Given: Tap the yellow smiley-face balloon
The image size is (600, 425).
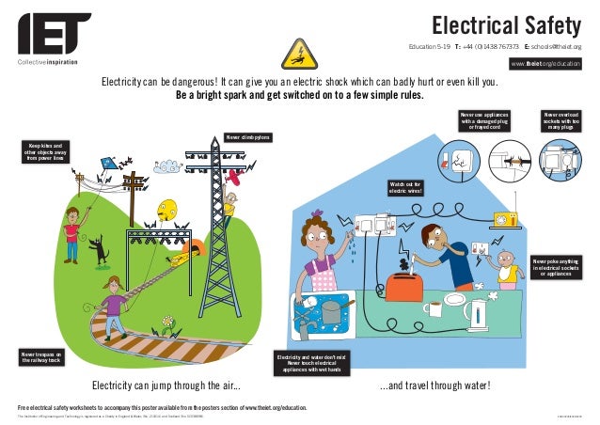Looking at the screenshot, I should tap(167, 210).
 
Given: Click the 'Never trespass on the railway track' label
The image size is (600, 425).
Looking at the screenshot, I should tap(42, 355).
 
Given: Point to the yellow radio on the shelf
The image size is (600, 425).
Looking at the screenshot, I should tap(506, 218).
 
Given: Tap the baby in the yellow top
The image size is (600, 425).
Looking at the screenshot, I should tap(507, 268).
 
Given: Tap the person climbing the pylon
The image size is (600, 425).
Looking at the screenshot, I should tap(229, 203).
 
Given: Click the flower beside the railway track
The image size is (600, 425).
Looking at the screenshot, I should tap(168, 325).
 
